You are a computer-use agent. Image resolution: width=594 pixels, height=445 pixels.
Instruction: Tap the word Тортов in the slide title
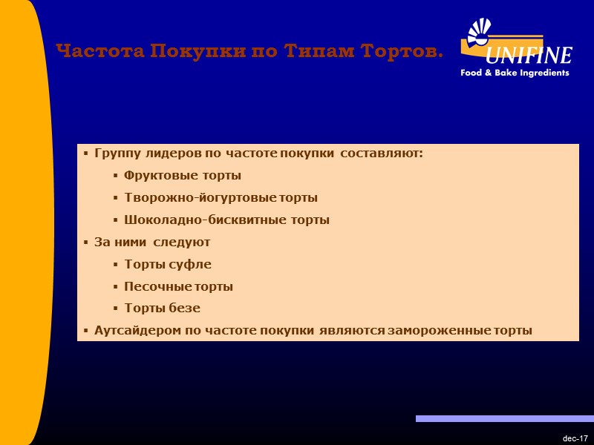click(x=402, y=51)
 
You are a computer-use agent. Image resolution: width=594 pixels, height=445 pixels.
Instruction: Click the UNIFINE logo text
click(x=529, y=56)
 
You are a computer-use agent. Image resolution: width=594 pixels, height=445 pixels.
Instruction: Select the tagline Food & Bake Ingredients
click(x=515, y=73)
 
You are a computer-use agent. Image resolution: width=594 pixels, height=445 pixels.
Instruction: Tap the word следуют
click(x=182, y=242)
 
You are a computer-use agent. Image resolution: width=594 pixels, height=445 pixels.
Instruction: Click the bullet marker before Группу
click(x=86, y=154)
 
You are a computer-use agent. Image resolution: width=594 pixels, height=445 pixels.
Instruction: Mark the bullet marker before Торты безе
click(x=116, y=309)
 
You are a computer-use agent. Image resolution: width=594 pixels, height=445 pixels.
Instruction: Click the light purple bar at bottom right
click(x=504, y=419)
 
